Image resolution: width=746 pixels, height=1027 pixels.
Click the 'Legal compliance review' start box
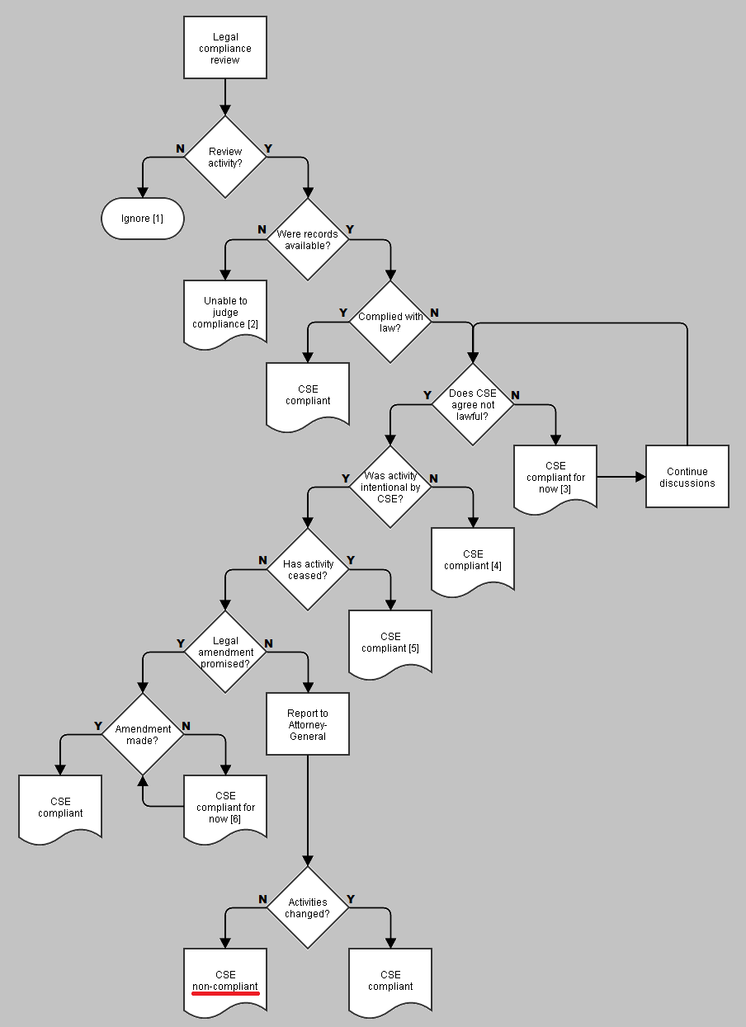point(225,48)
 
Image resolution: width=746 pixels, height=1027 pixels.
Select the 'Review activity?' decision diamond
point(225,157)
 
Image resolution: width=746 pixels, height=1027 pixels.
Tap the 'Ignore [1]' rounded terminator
point(143,219)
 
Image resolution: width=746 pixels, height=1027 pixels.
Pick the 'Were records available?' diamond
point(308,239)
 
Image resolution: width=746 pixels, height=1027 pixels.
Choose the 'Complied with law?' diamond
point(390,322)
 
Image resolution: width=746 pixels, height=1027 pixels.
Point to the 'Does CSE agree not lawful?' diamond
point(473,404)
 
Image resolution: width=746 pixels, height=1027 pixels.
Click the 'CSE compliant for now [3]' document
point(555,478)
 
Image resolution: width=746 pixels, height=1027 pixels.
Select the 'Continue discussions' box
point(687,477)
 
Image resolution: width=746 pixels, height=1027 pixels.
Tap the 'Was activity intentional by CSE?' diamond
point(390,487)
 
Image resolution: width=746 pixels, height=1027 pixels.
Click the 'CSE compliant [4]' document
point(473,560)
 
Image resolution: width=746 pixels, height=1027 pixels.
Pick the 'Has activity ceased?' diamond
point(308,569)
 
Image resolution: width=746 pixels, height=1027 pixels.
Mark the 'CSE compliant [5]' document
point(390,643)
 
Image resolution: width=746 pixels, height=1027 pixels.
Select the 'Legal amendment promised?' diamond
point(225,652)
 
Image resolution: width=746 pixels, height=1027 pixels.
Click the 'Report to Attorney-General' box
point(308,724)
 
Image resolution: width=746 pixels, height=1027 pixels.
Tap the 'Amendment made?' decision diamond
point(143,734)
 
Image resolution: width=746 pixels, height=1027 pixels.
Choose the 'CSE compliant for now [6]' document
point(225,808)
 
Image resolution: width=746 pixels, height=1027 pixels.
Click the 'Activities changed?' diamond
point(308,907)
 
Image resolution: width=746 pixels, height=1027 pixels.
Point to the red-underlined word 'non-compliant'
point(225,987)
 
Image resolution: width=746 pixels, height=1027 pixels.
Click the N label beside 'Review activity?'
point(180,148)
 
